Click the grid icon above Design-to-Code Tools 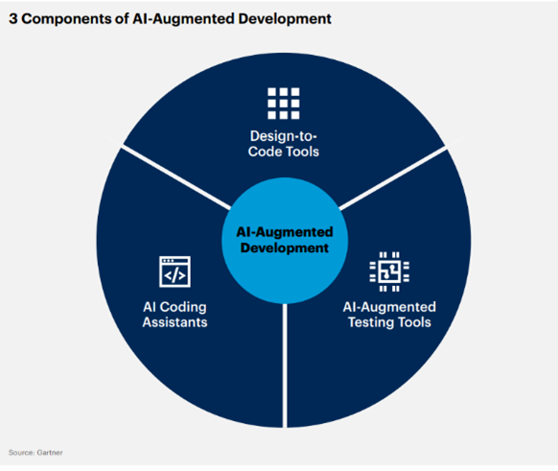[x=284, y=104]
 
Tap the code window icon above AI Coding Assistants [x=174, y=271]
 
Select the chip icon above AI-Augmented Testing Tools [x=389, y=271]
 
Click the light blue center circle [x=285, y=241]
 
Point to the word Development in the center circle [x=285, y=247]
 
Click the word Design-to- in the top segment [x=284, y=136]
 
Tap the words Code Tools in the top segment [x=284, y=152]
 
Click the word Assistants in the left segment [x=174, y=322]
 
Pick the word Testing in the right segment [x=371, y=322]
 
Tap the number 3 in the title [x=13, y=19]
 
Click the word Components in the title [x=67, y=19]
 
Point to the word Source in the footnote [x=22, y=453]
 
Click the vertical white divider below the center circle [x=285, y=365]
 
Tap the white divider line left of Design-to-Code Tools [x=176, y=177]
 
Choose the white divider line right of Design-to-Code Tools [x=392, y=177]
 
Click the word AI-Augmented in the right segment [x=389, y=307]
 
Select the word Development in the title [x=285, y=19]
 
